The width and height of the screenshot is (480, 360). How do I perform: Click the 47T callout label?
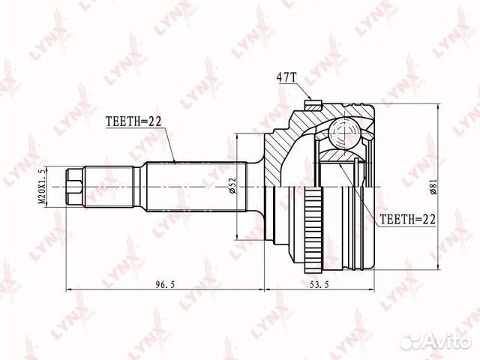(x=286, y=77)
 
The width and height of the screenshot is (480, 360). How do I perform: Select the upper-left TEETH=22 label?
(x=133, y=121)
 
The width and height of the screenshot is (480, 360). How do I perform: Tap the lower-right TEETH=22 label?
(x=407, y=219)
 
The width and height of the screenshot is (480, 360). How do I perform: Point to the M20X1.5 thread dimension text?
(x=42, y=187)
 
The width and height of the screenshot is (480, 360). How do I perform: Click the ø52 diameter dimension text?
(x=232, y=186)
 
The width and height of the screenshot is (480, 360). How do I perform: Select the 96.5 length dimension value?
(x=165, y=284)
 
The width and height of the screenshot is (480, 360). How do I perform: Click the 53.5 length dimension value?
(x=319, y=284)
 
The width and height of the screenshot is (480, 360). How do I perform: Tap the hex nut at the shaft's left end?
(x=74, y=187)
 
